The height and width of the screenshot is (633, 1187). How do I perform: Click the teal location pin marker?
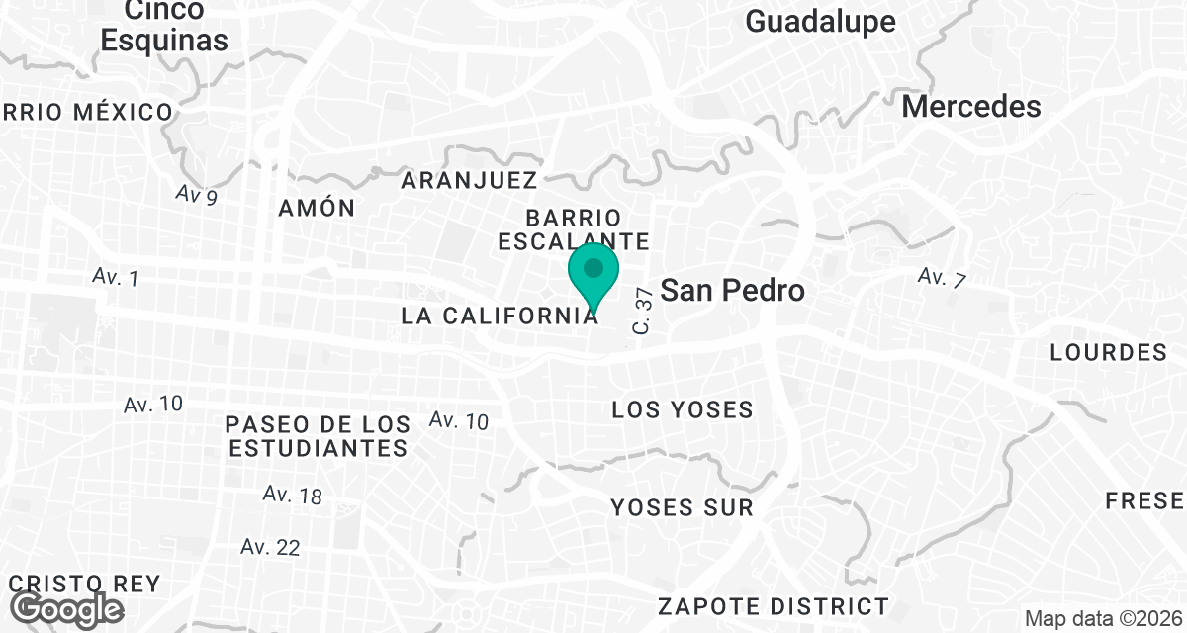coord(593,277)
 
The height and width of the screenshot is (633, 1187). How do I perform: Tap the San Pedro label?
coord(731,291)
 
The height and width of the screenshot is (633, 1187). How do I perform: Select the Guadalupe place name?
coord(820,22)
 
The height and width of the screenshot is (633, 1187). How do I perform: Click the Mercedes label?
coord(971,107)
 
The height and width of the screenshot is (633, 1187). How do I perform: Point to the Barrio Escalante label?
coord(574,228)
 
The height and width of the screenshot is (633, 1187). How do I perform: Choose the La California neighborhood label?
coord(500,316)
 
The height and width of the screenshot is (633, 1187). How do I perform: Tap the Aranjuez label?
coord(469,180)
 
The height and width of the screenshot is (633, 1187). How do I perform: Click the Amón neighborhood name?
coord(316,208)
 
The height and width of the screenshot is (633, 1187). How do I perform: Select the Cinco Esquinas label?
coord(165,26)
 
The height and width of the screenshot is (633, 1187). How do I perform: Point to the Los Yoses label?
coord(683,409)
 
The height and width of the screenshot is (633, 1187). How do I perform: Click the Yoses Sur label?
coord(683,508)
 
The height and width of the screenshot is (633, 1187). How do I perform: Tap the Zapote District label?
coord(774,605)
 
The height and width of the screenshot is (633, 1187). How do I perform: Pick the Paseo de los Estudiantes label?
coord(318,436)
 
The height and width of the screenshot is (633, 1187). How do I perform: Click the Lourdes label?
coord(1109,353)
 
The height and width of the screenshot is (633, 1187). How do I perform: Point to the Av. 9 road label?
coord(197,195)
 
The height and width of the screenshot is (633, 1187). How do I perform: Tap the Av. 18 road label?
coord(293,495)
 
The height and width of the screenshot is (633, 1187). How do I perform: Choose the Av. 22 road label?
coord(270,547)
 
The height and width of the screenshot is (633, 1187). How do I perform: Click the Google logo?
coord(68,607)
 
